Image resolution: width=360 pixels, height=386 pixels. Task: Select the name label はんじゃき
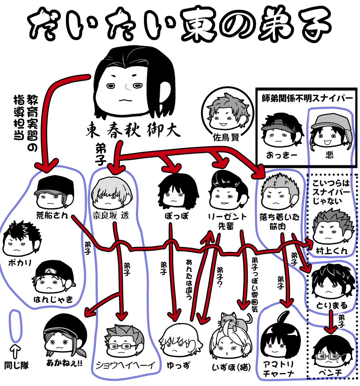click(53, 300)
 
